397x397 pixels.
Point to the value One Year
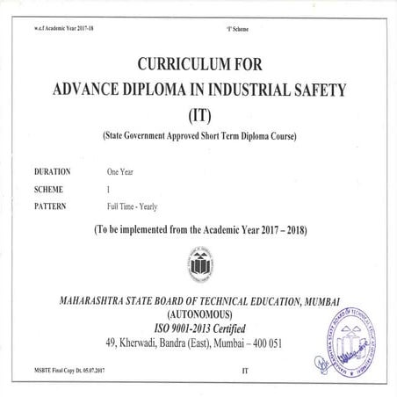pos(121,172)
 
